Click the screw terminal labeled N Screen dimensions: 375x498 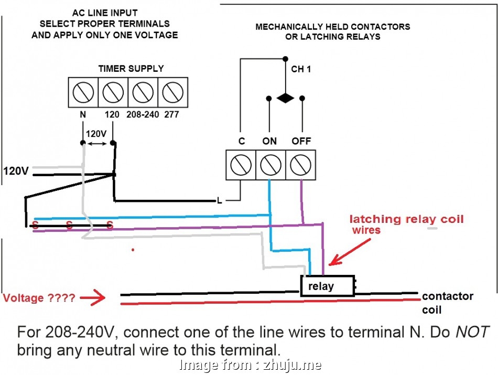tap(83, 93)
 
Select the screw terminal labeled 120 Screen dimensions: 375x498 tap(113, 93)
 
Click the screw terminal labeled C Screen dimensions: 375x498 tap(241, 165)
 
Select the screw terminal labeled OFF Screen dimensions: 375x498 tap(300, 165)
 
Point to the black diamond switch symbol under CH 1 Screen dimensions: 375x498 tap(285, 98)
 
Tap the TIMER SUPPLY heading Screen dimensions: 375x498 tap(131, 69)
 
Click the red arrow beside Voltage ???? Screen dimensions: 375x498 tap(94, 298)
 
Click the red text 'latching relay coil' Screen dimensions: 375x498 tap(406, 219)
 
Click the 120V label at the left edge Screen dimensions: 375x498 tap(16, 171)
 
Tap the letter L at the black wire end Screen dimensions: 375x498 tap(220, 200)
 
